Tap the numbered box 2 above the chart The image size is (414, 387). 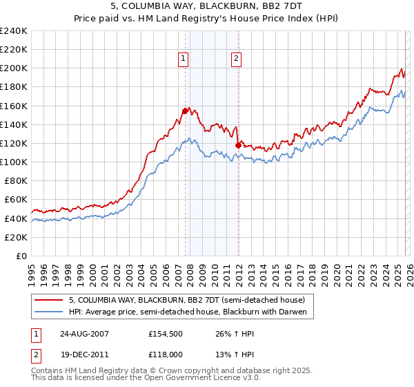pyautogui.click(x=237, y=59)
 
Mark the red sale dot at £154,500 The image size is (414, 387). pyautogui.click(x=185, y=111)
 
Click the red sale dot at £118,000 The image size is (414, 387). pyautogui.click(x=238, y=145)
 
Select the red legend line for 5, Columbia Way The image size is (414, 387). pyautogui.click(x=49, y=300)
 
